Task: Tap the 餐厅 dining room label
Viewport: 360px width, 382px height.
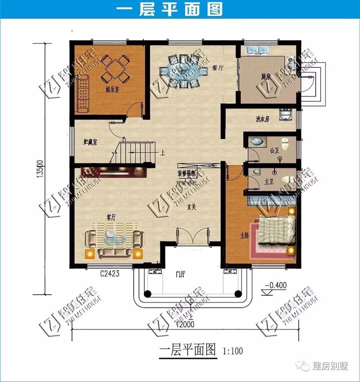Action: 216,67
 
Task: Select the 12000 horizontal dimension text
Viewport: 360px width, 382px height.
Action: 185,324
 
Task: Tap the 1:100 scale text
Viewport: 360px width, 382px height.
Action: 233,350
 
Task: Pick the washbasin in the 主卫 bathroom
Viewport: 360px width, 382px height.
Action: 257,171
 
